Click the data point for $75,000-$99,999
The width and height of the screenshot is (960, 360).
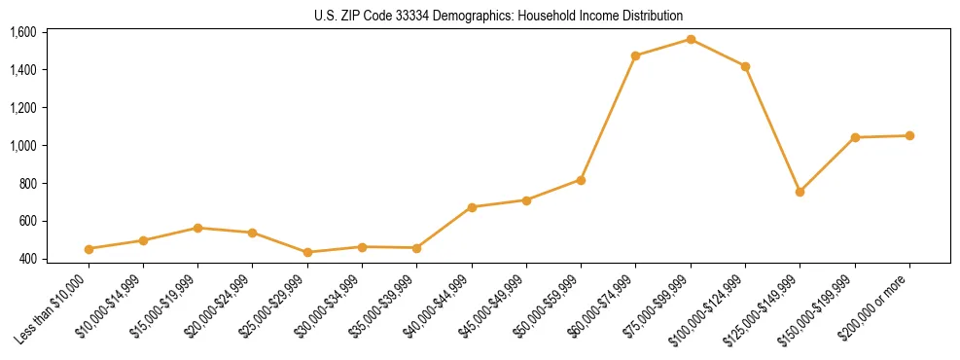(x=691, y=39)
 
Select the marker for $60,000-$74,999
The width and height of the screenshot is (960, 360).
(x=635, y=55)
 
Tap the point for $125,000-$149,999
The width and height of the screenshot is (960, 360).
(x=800, y=192)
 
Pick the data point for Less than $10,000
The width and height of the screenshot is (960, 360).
(x=89, y=249)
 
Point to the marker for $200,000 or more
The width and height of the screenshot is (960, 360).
(x=909, y=135)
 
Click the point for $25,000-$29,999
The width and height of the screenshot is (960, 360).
(x=307, y=252)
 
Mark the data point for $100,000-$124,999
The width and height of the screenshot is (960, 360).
(x=745, y=66)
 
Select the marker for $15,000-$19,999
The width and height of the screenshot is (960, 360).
(x=197, y=228)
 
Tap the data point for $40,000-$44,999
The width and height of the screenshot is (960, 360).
(x=472, y=207)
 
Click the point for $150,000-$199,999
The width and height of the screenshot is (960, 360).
(x=855, y=137)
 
